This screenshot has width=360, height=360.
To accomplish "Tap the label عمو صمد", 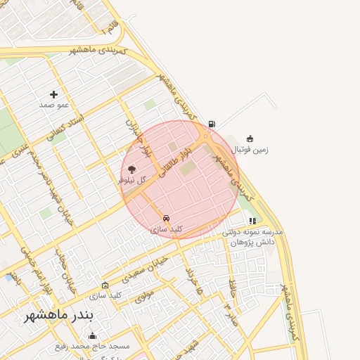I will (x=53, y=105).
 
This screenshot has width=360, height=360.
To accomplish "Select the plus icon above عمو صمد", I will (x=53, y=94).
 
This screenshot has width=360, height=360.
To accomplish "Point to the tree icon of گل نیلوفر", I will (x=131, y=169).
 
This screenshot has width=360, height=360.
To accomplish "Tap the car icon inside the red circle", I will (x=166, y=219).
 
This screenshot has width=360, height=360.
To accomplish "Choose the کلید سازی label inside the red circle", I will (x=167, y=229).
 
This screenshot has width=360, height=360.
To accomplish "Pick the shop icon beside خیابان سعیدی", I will (x=105, y=285).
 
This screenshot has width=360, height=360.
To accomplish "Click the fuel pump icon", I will (x=212, y=124).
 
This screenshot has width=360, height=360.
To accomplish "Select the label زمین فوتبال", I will (x=250, y=149).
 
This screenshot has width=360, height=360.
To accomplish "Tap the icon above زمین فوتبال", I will (x=250, y=139).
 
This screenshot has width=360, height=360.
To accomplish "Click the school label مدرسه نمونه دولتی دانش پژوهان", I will (x=252, y=236).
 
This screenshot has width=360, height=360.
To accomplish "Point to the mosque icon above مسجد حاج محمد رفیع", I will (x=92, y=336).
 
